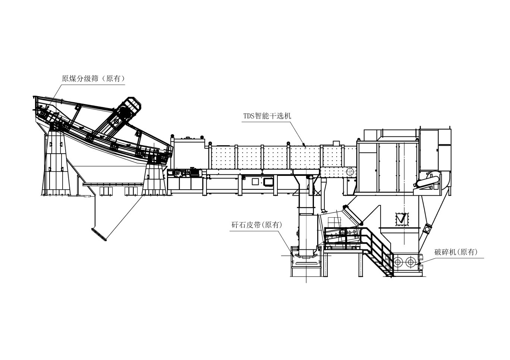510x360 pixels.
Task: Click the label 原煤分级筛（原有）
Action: coord(93,79)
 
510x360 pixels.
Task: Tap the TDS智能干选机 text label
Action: coord(267,116)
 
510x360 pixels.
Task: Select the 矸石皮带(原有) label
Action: coord(257,225)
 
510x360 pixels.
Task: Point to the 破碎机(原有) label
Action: coord(456,252)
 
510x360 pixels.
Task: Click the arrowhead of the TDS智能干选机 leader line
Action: coord(304,146)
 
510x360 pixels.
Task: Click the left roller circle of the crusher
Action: coord(397,261)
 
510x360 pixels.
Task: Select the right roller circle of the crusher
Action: coord(410,261)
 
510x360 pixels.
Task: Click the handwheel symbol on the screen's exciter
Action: coord(116,122)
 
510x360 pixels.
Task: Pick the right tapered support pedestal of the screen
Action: coord(154,179)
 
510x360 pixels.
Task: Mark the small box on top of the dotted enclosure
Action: coord(336,143)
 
